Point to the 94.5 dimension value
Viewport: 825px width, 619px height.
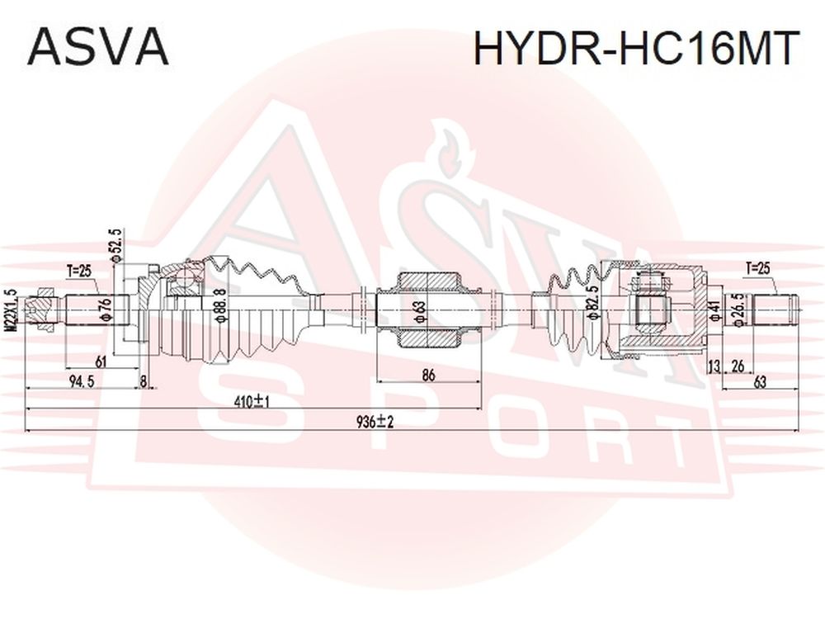82,382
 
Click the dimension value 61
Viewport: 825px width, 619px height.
101,361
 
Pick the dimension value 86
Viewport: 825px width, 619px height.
429,375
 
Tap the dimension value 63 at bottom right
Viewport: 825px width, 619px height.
760,382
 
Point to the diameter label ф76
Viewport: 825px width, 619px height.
105,309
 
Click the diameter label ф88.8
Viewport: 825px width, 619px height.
219,305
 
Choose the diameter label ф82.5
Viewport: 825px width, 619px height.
592,302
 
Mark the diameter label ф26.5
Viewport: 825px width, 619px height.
739,310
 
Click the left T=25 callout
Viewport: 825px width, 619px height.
79,272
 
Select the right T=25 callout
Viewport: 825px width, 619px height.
757,268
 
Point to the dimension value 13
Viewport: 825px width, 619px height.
714,366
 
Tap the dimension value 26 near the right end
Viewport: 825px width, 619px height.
738,366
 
